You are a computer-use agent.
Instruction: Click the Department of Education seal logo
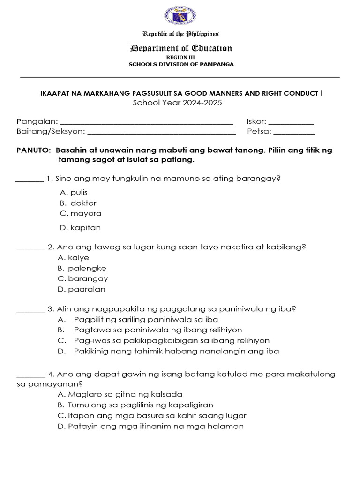pos(180,16)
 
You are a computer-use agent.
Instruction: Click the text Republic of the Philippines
pos(180,34)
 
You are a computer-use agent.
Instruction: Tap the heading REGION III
pos(180,57)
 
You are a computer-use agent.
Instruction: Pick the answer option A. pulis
pos(74,192)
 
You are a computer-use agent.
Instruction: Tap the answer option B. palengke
pos(82,268)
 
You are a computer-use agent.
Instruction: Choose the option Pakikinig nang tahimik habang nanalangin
pos(176,351)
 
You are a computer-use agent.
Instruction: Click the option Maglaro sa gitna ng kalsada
pos(120,394)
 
